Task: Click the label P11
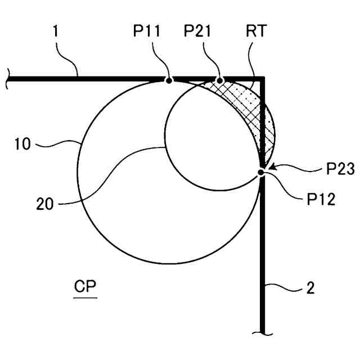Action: click(x=147, y=32)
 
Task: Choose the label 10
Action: click(x=24, y=145)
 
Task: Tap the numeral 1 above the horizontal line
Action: click(x=55, y=32)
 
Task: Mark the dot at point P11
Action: click(x=168, y=80)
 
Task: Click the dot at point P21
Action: click(x=220, y=80)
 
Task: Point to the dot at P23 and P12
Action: click(x=261, y=172)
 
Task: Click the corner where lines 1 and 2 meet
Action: click(x=262, y=80)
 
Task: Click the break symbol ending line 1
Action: click(x=8, y=79)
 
